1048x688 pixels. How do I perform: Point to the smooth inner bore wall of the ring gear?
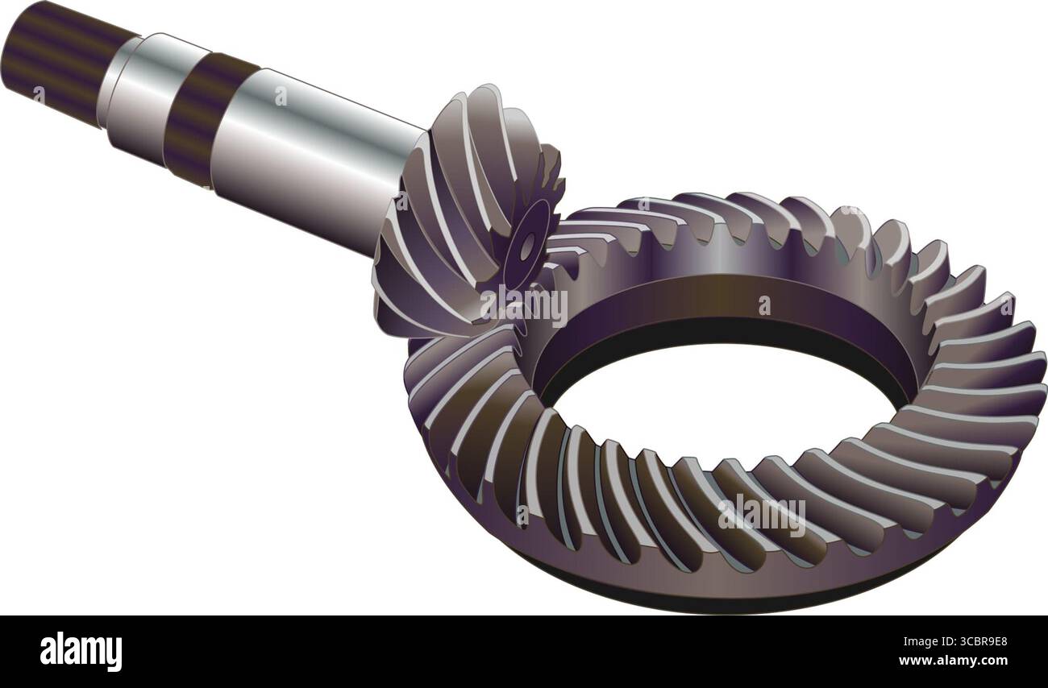(726, 310)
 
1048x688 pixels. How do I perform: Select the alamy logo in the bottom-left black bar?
(81, 651)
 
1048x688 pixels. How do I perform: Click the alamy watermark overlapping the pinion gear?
(524, 305)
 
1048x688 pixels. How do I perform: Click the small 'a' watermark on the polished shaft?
(280, 97)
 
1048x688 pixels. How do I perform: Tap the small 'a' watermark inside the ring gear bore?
(763, 305)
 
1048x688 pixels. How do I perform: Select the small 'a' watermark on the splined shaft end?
(37, 94)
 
